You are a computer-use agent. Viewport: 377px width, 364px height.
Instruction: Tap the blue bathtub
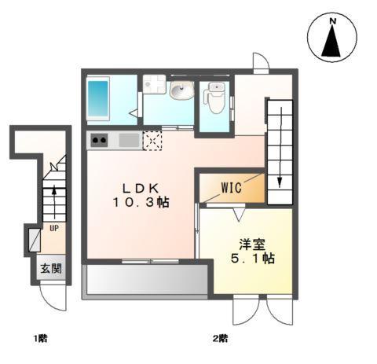[100, 97]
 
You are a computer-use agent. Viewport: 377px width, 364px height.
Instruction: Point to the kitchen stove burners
[101, 141]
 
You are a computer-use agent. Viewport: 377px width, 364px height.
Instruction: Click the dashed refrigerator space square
[152, 141]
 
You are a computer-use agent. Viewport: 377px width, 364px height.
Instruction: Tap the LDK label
[141, 188]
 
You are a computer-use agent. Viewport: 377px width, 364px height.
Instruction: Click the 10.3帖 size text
[141, 203]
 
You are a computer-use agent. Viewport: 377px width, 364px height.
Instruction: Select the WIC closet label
[230, 188]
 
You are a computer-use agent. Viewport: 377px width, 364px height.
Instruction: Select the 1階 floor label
[40, 339]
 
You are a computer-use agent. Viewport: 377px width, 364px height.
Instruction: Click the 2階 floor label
[219, 339]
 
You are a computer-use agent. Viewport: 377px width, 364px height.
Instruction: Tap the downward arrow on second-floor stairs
[280, 179]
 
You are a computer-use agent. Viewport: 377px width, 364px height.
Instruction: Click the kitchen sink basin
[128, 141]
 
